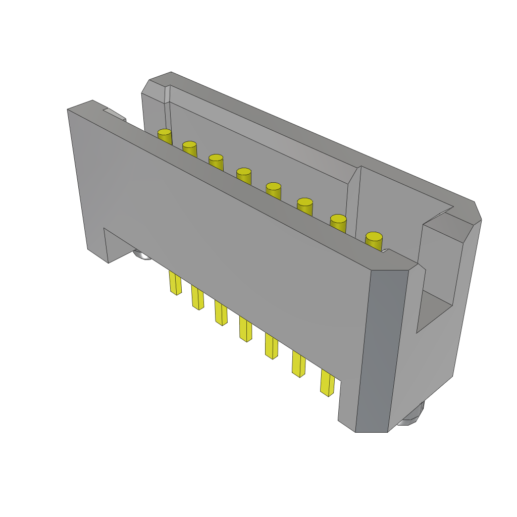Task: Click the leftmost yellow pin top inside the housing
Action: pyautogui.click(x=165, y=133)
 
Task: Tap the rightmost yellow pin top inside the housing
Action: pyautogui.click(x=374, y=237)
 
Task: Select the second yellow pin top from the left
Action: pyautogui.click(x=189, y=145)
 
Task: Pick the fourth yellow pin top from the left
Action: pyautogui.click(x=244, y=172)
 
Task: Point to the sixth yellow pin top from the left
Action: pyautogui.click(x=305, y=202)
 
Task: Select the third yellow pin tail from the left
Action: pyautogui.click(x=221, y=313)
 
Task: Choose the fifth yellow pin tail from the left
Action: pyautogui.click(x=271, y=346)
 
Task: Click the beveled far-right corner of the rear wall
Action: pyautogui.click(x=477, y=212)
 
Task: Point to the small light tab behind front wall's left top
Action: pyautogui.click(x=115, y=114)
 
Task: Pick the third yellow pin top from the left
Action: pyautogui.click(x=216, y=159)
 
